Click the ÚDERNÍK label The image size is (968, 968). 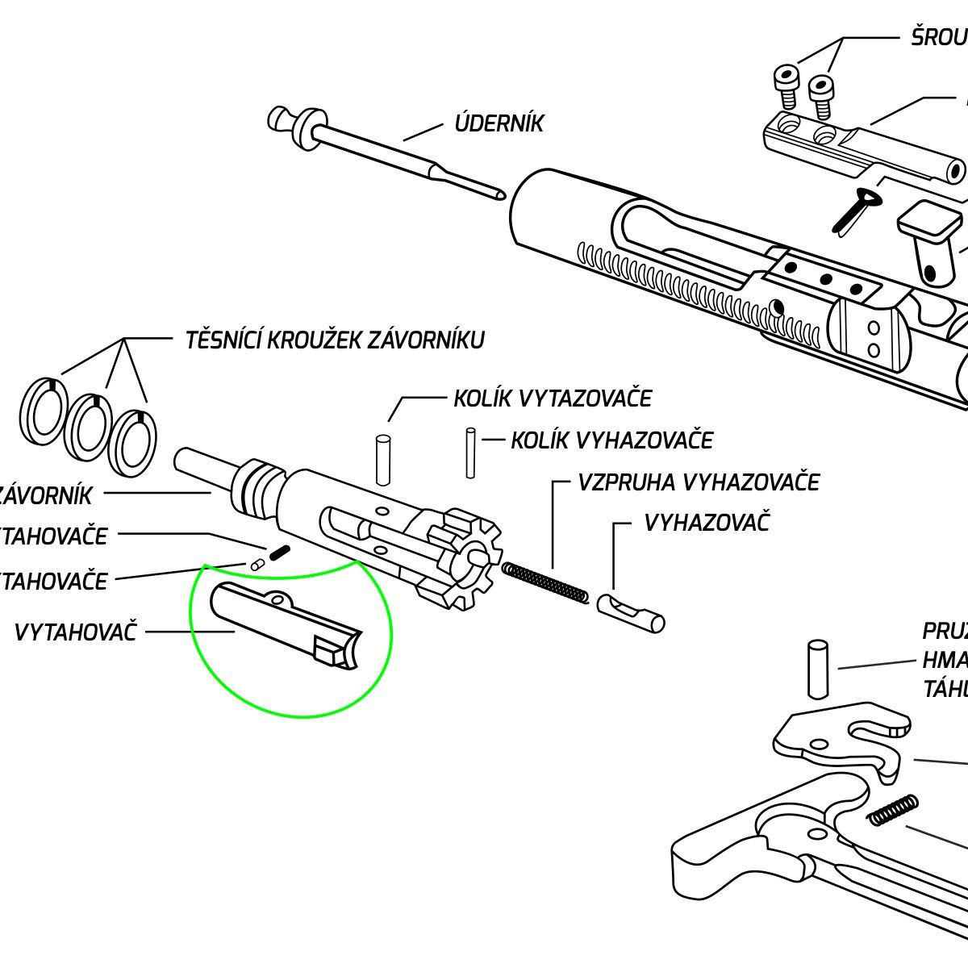pos(499,123)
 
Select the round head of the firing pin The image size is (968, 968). pos(280,120)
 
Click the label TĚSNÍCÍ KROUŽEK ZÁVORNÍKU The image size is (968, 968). pos(335,340)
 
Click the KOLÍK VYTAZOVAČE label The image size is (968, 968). pos(553,398)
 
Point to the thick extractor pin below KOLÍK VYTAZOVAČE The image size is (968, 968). pos(382,461)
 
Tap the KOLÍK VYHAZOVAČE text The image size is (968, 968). pos(612,440)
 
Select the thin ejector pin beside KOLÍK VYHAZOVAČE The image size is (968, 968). pos(470,453)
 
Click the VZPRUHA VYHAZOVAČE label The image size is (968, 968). pos(699,482)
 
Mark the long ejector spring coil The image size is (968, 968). pos(545,583)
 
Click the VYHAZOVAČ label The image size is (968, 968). pos(707,522)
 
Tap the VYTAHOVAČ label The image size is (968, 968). pos(76,632)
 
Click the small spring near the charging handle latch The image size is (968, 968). pos(892,810)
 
